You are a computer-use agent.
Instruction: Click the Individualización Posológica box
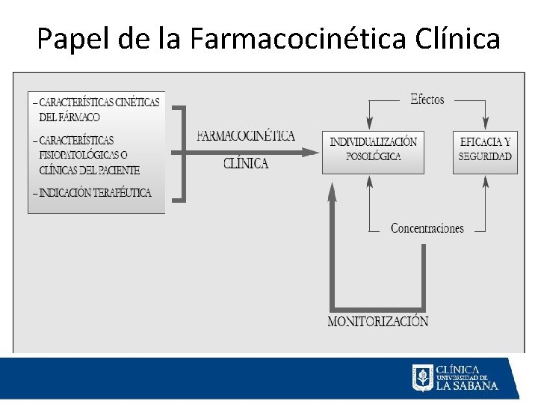tap(373, 153)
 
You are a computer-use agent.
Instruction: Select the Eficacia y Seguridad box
tap(485, 153)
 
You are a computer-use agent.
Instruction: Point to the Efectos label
tap(427, 100)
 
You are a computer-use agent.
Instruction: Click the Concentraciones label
tap(427, 229)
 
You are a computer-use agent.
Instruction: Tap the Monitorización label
tap(378, 322)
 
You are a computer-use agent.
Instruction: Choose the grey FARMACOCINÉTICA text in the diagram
tap(246, 136)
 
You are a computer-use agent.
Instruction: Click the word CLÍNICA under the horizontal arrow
tap(246, 164)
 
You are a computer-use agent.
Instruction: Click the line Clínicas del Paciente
tap(89, 170)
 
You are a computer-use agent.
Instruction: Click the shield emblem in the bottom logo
tap(422, 378)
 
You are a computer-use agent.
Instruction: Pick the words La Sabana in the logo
tap(466, 386)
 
